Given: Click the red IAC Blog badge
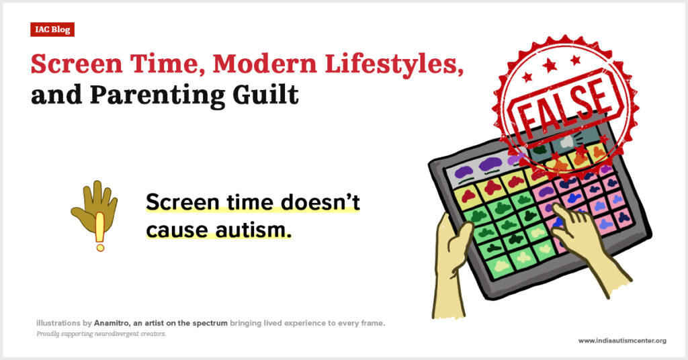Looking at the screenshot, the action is [52, 30].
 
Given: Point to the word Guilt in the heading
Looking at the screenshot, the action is [266, 94].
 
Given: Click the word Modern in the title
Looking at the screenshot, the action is [264, 64].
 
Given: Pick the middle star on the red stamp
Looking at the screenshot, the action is [550, 66].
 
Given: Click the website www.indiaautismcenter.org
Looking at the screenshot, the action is [622, 341].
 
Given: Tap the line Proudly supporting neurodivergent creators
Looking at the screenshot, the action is [101, 334].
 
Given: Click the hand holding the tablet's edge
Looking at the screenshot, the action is [452, 263].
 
